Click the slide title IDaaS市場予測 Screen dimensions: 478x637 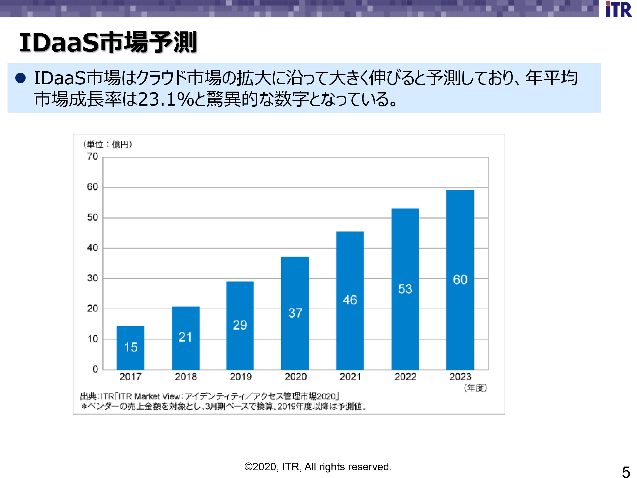108,43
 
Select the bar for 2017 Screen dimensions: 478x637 130,348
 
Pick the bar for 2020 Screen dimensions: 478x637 295,313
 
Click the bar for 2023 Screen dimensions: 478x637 460,280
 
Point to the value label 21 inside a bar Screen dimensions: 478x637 185,337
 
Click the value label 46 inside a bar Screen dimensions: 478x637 350,300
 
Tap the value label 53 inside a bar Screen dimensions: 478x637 405,289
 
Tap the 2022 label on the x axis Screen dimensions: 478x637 405,377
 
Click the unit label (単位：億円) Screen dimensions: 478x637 108,144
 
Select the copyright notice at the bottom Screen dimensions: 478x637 318,467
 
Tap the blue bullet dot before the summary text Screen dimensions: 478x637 21,78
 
